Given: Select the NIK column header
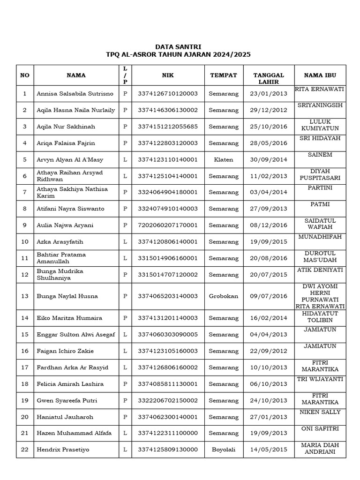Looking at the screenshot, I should point(167,75).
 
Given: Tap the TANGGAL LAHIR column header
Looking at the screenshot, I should point(269,78).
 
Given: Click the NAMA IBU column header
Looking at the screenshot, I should point(320,75).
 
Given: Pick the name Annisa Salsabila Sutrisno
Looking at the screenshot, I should point(75,94).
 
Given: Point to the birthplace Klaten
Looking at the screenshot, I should point(224,160).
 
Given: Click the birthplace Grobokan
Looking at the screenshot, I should point(224,296).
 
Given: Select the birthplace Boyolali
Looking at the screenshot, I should point(224,450).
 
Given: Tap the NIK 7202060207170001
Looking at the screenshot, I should point(167,225).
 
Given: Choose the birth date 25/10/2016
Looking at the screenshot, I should point(269,127).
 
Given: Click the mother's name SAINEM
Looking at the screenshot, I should point(320,154).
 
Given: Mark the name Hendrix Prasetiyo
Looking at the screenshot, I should point(63,450).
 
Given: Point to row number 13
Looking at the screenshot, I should point(25,296).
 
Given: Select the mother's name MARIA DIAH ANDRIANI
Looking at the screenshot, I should point(320,448).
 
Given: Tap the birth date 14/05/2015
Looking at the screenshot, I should point(269,450).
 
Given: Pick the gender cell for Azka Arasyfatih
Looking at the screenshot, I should point(125,242).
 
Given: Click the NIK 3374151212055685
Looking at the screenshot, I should point(167,127).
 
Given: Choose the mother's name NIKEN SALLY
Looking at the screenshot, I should point(320,412).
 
